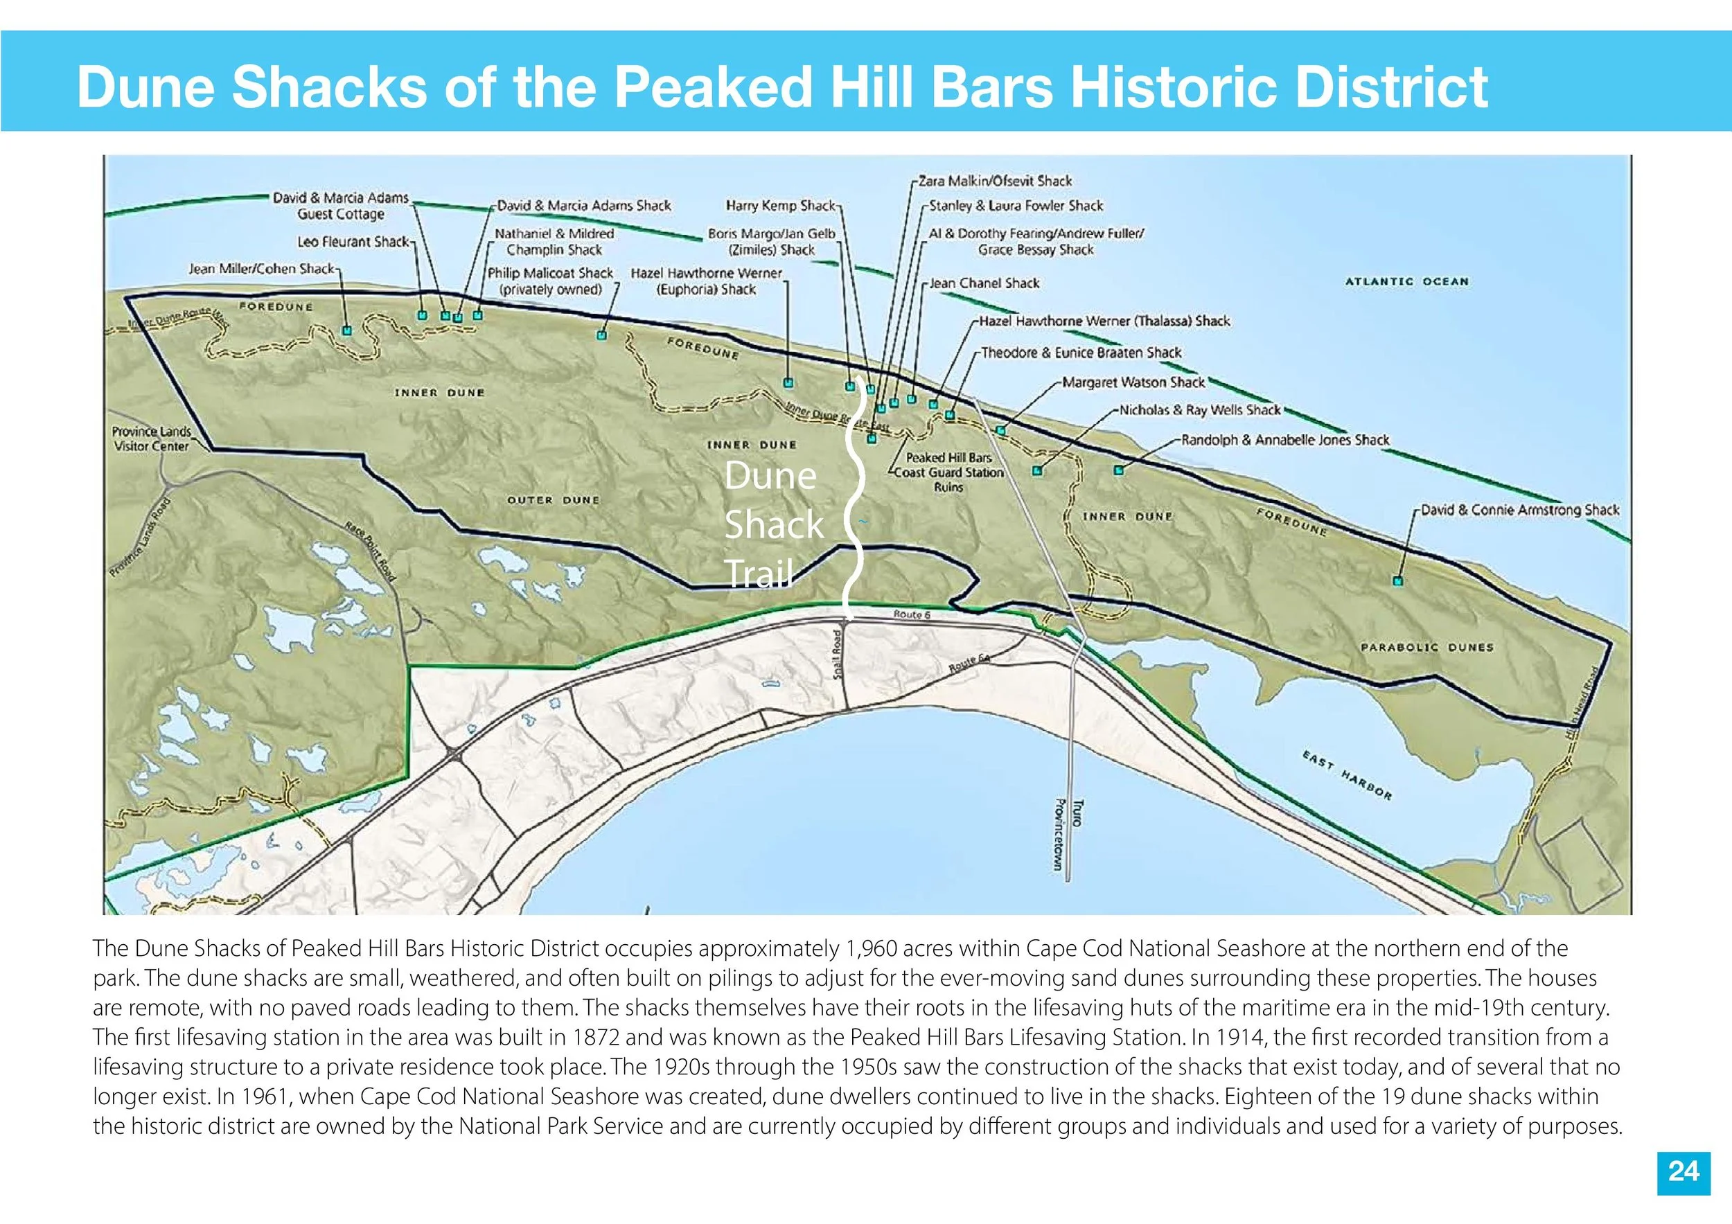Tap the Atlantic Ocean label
coord(1407,281)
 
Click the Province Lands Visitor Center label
coord(151,438)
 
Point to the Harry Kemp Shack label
coord(780,205)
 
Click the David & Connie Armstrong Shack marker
coord(1398,580)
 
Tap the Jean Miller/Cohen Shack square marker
coord(347,330)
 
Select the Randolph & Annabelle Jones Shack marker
coord(1119,470)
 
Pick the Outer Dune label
coord(554,500)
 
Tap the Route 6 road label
coord(912,614)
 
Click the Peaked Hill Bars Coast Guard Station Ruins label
coord(948,472)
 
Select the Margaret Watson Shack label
coord(1133,382)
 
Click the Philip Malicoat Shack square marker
coord(602,334)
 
